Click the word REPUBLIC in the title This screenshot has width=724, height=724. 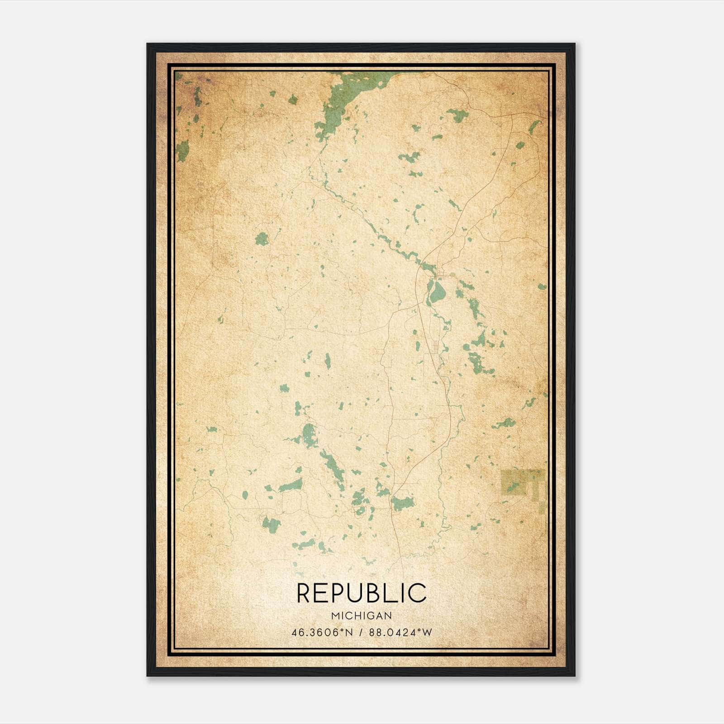pos(362,593)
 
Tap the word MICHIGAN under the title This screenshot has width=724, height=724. pos(362,616)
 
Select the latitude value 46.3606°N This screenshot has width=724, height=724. pos(322,633)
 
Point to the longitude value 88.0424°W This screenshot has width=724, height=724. pos(400,633)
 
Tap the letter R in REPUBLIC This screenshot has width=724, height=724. pos(305,593)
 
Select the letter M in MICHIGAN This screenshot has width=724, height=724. pos(335,616)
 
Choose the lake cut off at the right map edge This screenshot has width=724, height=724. pos(542,286)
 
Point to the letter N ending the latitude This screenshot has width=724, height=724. pos(349,633)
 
